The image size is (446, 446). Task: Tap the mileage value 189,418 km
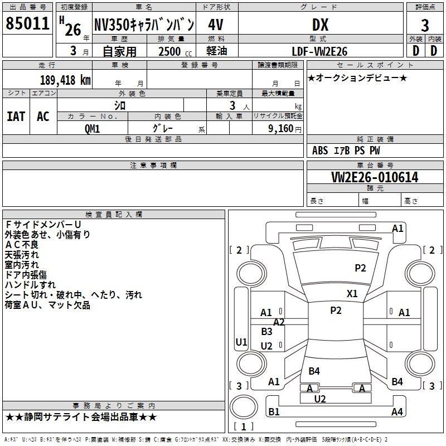click(65, 80)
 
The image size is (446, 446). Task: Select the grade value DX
click(320, 25)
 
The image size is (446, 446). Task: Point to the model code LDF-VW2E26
click(320, 51)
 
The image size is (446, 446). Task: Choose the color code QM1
click(93, 128)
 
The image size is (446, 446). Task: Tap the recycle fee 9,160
click(277, 128)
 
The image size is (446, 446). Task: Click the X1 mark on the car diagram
click(352, 293)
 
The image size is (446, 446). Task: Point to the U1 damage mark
click(241, 342)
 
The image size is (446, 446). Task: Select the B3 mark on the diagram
click(267, 332)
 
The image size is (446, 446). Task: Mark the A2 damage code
click(279, 322)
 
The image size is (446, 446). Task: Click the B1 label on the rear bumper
click(274, 412)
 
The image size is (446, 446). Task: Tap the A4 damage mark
click(397, 412)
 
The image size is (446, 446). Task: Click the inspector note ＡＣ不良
click(22, 245)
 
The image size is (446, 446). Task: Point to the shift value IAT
click(16, 117)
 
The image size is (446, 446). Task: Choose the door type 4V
click(216, 25)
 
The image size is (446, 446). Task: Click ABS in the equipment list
click(320, 151)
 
